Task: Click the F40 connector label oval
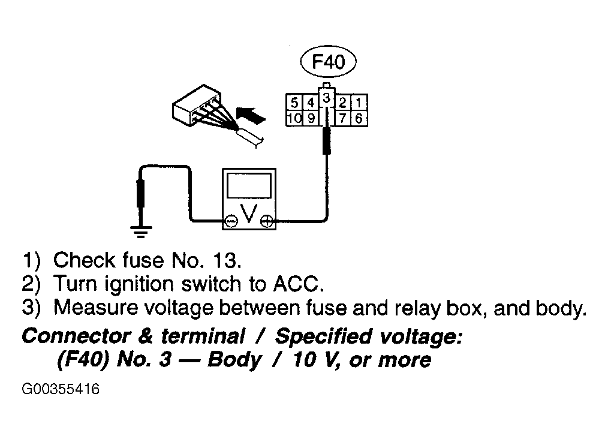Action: tap(328, 62)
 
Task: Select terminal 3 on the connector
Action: tap(327, 98)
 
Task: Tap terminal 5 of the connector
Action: tap(294, 103)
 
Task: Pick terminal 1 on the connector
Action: tap(359, 103)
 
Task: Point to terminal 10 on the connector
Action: tap(294, 118)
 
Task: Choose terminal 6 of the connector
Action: tap(359, 118)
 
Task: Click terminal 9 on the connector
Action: tap(311, 118)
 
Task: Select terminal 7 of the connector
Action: tap(343, 118)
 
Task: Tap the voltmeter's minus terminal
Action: tap(231, 221)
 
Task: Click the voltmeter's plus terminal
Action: tap(267, 221)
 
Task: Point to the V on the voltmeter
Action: tap(249, 214)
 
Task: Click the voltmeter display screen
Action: tap(249, 186)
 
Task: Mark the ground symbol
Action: tap(141, 231)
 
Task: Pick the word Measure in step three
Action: tap(95, 308)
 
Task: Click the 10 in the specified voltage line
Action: tap(304, 359)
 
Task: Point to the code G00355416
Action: tap(61, 389)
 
